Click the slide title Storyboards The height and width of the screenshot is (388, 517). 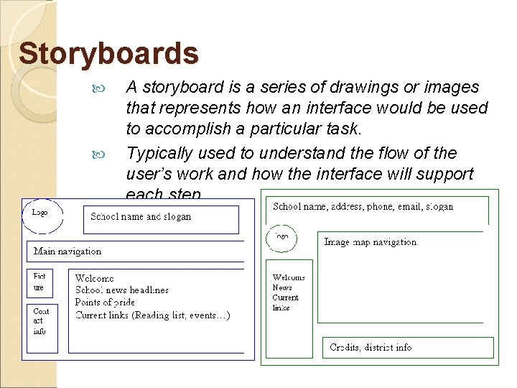point(108,54)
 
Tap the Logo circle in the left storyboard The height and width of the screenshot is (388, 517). point(42,215)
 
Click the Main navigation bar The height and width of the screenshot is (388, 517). point(140,251)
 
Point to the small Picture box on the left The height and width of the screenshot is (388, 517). point(40,282)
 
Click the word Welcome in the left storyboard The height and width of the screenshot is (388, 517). point(94,278)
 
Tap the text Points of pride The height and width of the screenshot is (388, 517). point(105,302)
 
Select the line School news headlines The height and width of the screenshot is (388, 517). point(122,290)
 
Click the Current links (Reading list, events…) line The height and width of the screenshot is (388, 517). point(152,315)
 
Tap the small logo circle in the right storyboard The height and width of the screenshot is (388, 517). point(282,236)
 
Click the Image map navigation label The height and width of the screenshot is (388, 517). point(370,242)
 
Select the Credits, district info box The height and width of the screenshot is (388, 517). point(408,348)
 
